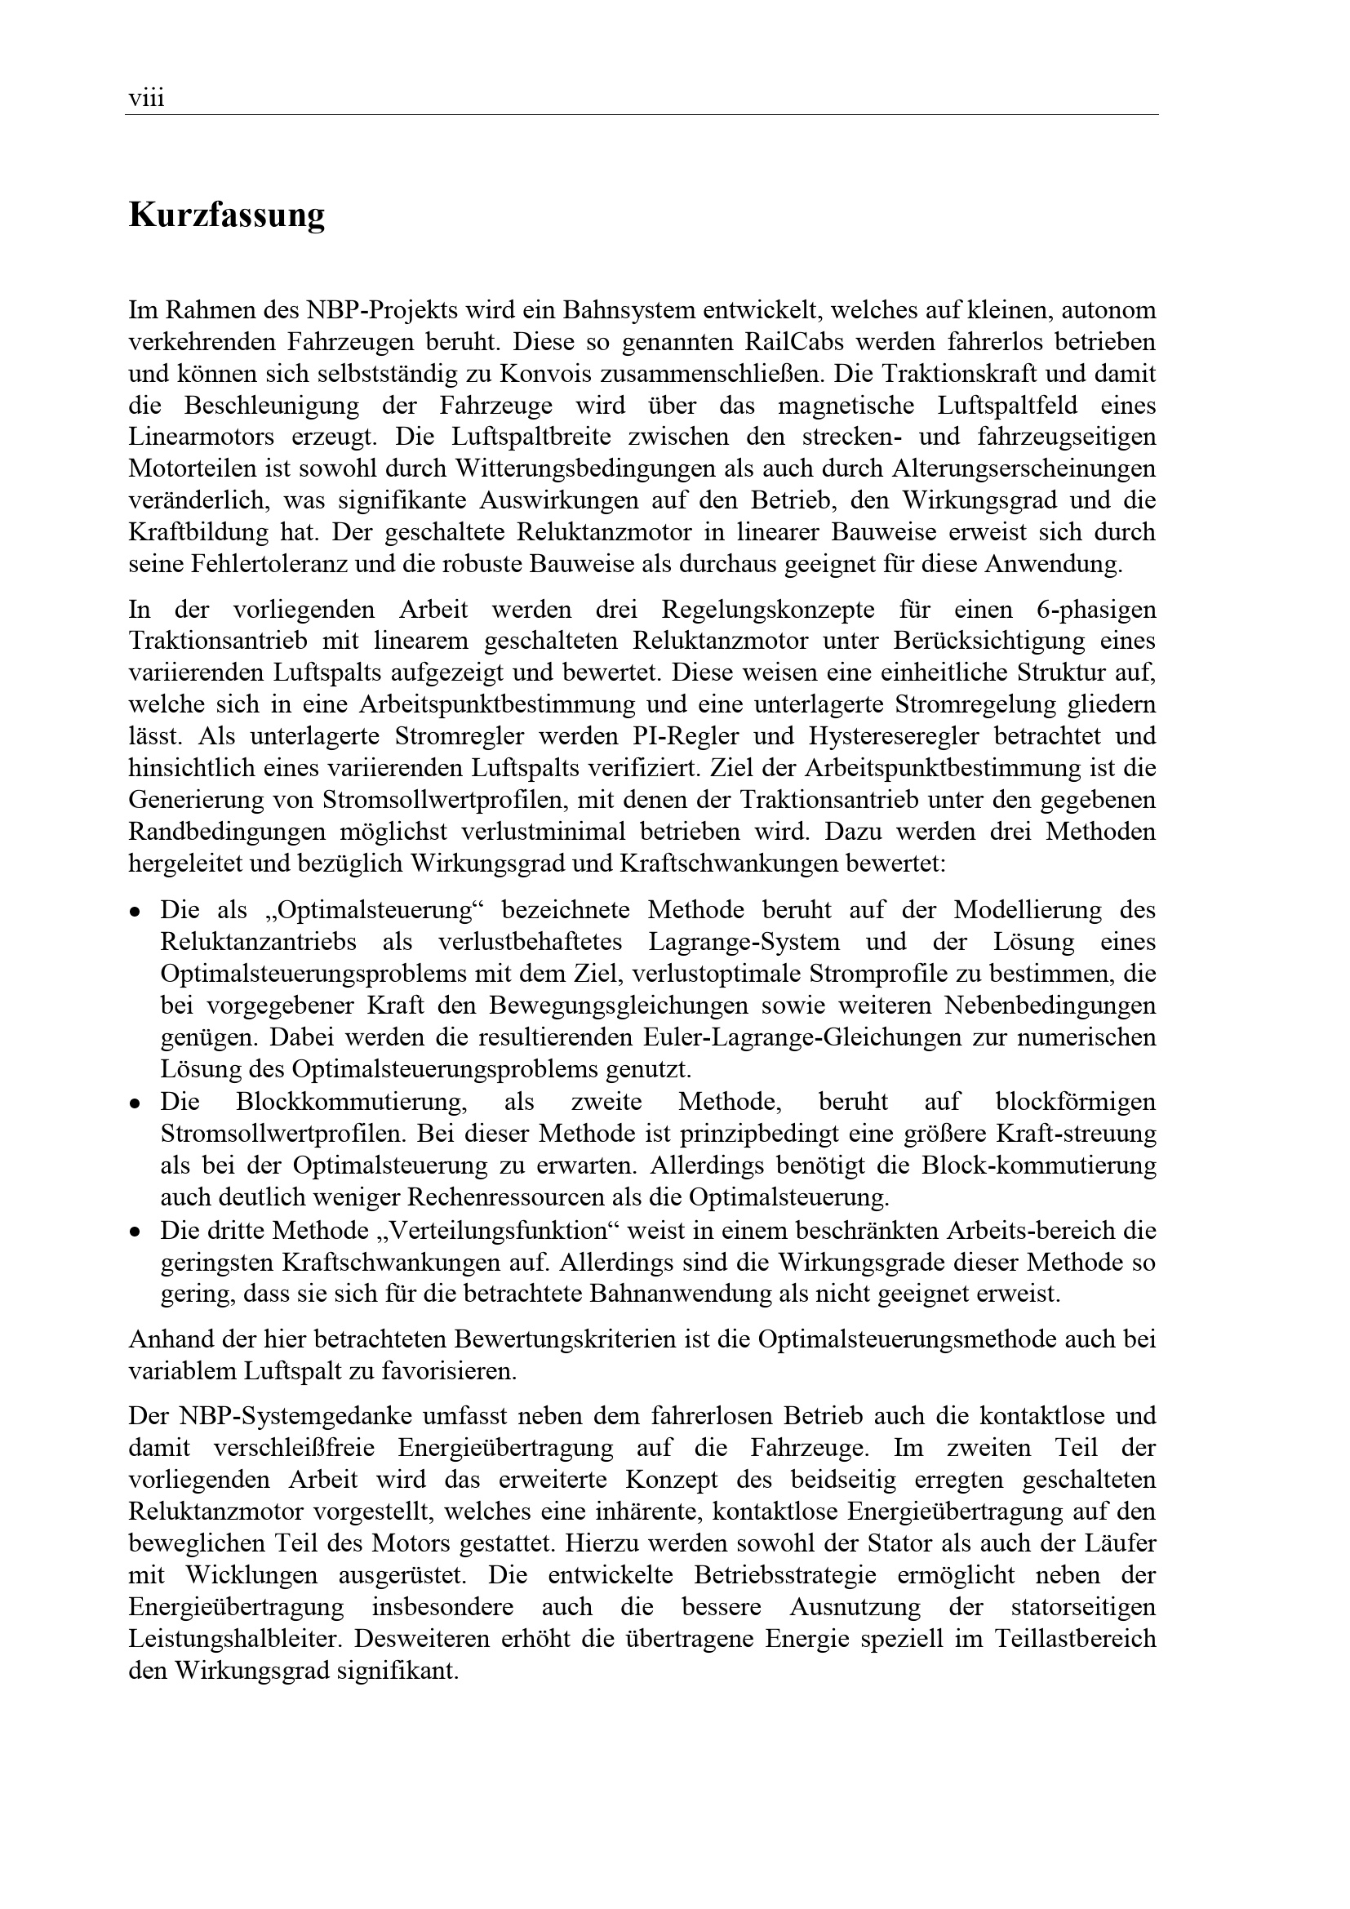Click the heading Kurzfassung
226,215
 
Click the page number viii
146,100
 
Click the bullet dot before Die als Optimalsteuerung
134,912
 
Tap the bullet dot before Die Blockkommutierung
134,1104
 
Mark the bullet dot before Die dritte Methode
134,1232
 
